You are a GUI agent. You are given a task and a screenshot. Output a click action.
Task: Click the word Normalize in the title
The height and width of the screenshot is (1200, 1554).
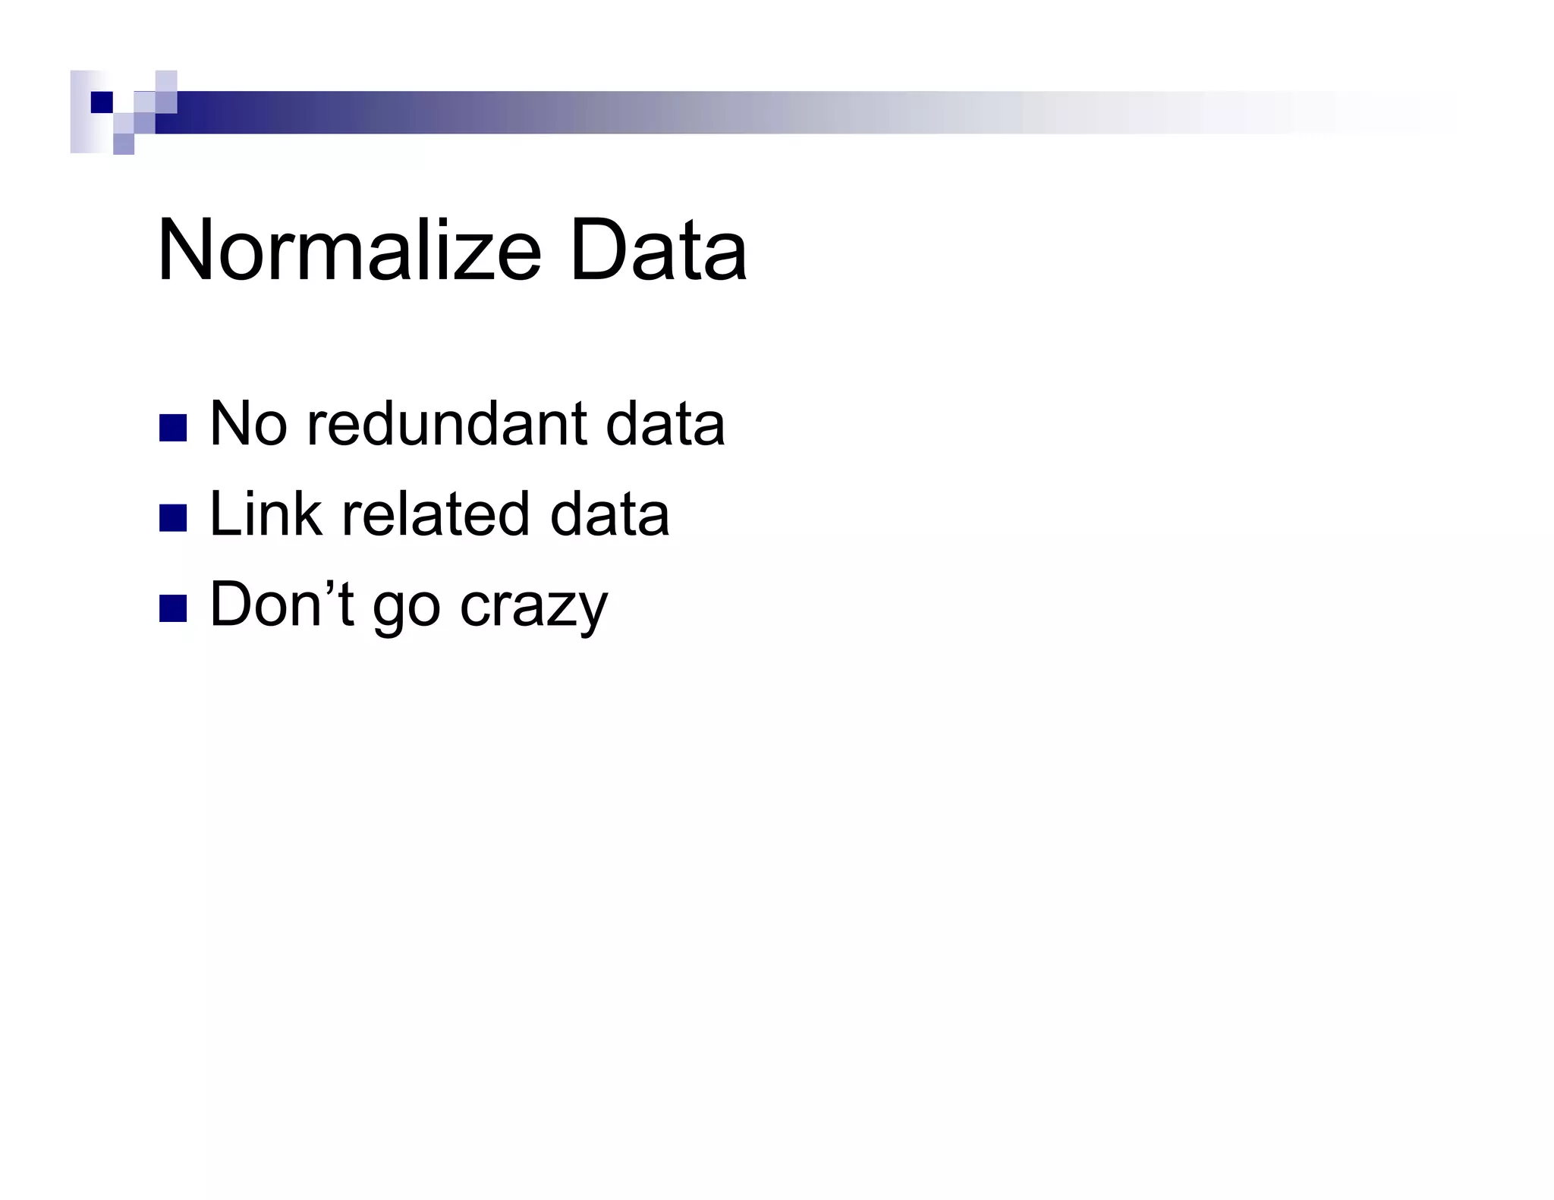click(349, 250)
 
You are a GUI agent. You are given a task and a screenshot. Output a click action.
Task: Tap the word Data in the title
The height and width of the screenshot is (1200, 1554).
click(658, 250)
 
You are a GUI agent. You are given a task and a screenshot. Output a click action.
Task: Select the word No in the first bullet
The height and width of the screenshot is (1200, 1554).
click(248, 423)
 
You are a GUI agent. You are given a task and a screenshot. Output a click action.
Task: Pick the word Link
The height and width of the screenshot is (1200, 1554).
click(266, 514)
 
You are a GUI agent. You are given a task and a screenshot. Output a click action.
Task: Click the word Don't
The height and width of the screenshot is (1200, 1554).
click(282, 604)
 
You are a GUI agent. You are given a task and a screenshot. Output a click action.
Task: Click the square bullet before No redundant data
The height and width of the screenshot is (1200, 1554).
click(173, 428)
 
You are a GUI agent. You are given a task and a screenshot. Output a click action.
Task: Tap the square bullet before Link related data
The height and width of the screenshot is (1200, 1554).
click(173, 519)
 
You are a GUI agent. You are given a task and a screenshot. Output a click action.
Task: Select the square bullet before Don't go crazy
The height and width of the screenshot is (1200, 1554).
click(173, 608)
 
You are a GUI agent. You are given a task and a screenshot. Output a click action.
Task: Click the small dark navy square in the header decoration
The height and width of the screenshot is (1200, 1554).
click(102, 102)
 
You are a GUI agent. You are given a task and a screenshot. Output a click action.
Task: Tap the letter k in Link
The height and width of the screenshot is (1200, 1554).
click(307, 514)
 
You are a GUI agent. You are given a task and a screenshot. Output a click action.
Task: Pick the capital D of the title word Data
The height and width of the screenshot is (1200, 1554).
click(596, 250)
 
